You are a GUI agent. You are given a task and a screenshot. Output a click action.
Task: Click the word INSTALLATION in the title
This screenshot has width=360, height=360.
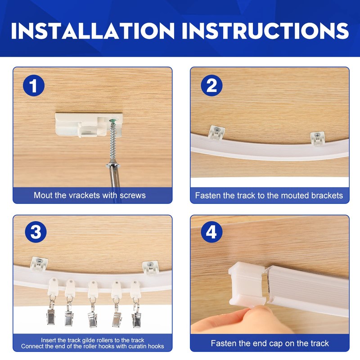93,31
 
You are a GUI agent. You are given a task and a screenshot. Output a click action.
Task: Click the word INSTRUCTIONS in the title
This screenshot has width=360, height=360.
265,31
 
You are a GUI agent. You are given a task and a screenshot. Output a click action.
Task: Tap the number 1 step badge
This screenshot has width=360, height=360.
34,85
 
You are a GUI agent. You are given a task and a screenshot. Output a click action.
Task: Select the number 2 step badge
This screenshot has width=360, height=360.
211,85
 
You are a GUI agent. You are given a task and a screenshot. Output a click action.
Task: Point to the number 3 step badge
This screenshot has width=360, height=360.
36,232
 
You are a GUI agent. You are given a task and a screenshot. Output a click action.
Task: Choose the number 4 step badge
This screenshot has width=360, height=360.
211,232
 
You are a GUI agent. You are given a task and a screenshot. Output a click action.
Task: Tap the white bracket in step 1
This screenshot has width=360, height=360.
88,125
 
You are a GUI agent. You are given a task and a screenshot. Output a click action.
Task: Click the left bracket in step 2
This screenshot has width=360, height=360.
216,132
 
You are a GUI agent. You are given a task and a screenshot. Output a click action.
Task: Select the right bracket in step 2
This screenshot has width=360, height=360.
318,138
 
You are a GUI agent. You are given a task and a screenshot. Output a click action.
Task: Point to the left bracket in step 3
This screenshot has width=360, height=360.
39,263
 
